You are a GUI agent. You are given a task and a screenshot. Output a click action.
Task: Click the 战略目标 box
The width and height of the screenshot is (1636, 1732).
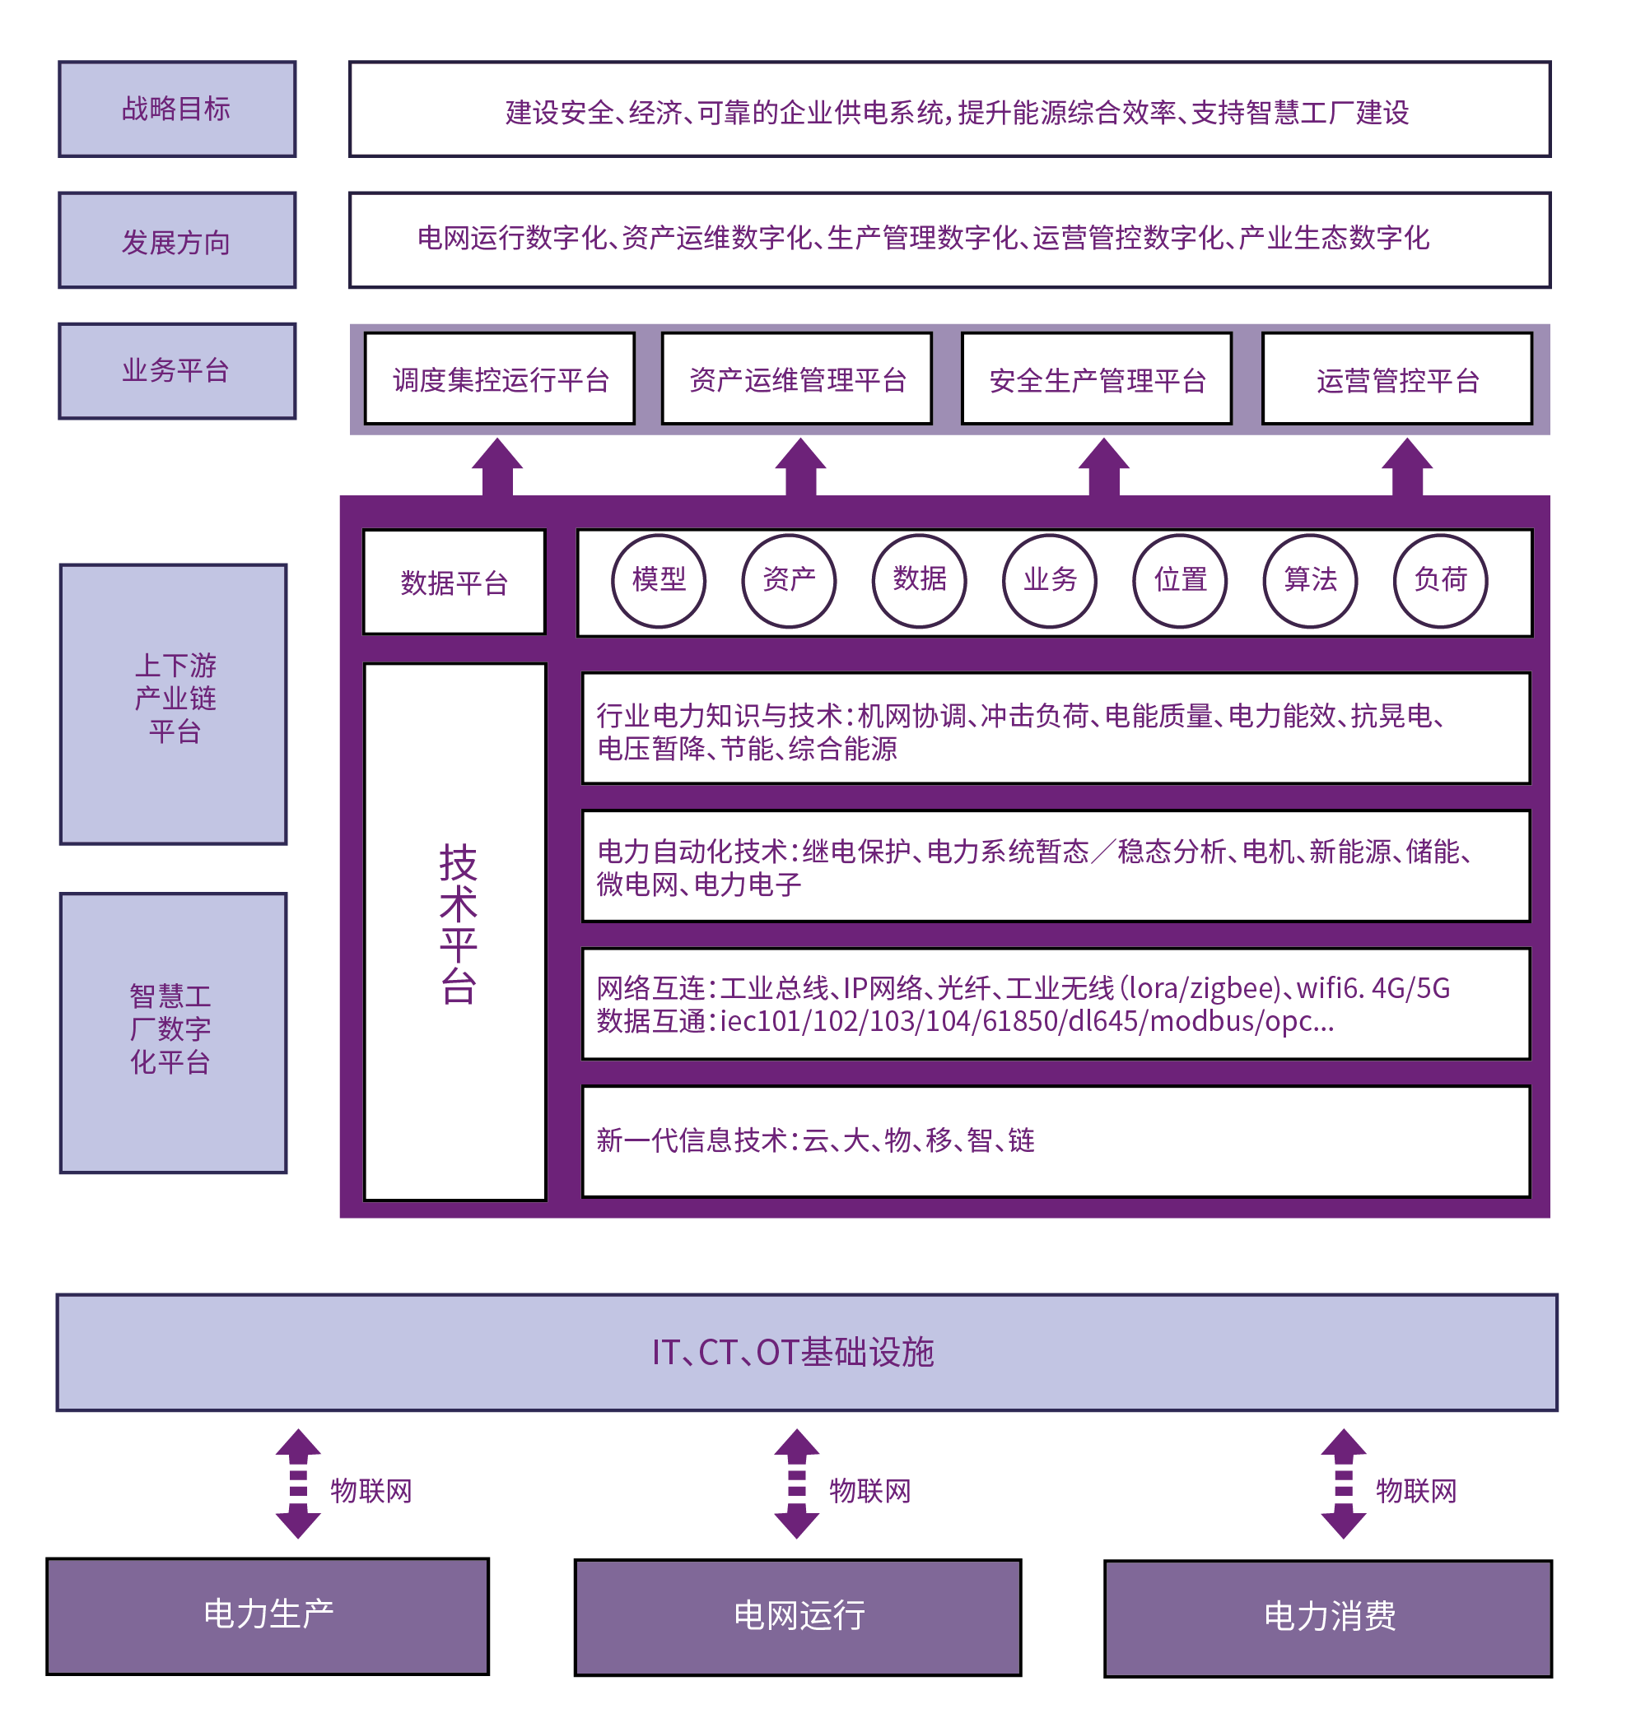tap(177, 109)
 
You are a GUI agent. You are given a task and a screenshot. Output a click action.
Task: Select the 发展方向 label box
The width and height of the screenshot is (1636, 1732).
tap(177, 240)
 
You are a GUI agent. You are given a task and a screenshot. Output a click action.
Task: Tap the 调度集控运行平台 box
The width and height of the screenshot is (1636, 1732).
tap(500, 379)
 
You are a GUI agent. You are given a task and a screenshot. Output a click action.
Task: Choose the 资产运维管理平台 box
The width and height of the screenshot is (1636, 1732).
tap(797, 379)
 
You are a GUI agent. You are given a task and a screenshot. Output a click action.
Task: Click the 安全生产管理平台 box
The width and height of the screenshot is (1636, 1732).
tap(1096, 379)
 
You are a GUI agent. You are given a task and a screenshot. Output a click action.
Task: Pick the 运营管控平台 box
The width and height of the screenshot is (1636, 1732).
tap(1397, 379)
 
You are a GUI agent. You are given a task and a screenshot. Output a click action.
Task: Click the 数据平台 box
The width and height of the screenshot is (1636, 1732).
tap(454, 583)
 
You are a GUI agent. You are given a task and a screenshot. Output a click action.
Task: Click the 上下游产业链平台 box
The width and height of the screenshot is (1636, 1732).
tap(174, 703)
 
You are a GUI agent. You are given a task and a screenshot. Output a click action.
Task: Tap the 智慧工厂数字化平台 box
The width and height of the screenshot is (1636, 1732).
tap(174, 1032)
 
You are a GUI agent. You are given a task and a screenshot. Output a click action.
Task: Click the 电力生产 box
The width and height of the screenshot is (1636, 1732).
tap(268, 1615)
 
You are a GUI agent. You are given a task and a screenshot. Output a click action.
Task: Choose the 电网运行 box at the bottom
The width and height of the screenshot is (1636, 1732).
tap(797, 1617)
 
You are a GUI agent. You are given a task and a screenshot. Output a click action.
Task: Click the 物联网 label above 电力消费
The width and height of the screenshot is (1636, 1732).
tap(1415, 1491)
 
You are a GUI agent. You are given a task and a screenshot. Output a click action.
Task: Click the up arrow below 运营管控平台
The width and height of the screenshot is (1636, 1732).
tap(1406, 467)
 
